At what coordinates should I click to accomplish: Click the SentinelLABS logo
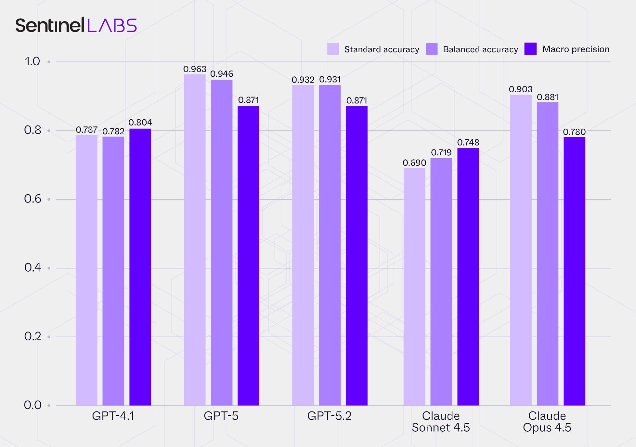coord(76,25)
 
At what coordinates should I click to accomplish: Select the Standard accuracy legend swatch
coord(333,49)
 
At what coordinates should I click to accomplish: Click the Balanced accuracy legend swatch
coord(431,49)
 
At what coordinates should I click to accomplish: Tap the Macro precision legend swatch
coord(530,49)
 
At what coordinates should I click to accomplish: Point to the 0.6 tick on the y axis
coord(33,199)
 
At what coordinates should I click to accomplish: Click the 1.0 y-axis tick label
coord(32,61)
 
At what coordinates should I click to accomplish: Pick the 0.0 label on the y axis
coord(32,405)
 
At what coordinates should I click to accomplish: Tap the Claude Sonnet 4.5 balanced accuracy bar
coord(441,281)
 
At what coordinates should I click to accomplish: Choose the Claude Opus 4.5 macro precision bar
coord(574,271)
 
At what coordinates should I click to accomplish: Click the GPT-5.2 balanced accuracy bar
coord(330,245)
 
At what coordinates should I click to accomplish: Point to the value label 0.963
coord(195,69)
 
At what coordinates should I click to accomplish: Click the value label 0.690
coord(414,163)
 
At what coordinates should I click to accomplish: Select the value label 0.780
coord(574,132)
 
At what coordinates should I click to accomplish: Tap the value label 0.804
coord(140,123)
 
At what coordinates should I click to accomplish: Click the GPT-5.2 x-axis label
coord(329,416)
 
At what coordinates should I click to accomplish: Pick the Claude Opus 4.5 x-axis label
coord(547,422)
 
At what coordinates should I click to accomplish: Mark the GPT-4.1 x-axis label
coord(113,416)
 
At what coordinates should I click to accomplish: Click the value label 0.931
coord(330,80)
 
